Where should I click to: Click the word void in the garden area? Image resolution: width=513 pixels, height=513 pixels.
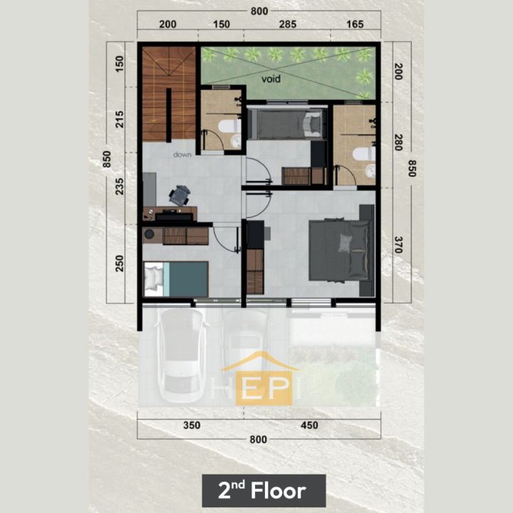click(x=271, y=79)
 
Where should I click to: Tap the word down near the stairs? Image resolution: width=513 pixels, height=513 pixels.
click(x=182, y=155)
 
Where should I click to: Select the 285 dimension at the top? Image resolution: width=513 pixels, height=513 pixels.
click(x=288, y=24)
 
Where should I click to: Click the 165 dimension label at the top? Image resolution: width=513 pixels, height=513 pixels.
click(x=355, y=24)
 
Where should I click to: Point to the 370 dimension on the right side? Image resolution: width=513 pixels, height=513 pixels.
click(x=398, y=244)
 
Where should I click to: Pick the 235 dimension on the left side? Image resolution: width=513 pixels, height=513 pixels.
click(x=120, y=187)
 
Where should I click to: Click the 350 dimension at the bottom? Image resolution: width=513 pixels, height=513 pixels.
click(x=192, y=425)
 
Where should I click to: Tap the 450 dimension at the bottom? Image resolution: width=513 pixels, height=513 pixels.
click(x=309, y=425)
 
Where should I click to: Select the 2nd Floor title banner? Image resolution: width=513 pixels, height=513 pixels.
click(x=264, y=490)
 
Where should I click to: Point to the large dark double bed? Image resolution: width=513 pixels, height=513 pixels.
click(x=340, y=250)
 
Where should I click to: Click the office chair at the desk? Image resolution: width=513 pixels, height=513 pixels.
click(x=180, y=195)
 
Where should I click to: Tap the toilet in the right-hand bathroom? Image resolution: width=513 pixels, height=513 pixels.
click(x=364, y=154)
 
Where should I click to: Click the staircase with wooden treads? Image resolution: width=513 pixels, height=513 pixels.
click(x=169, y=94)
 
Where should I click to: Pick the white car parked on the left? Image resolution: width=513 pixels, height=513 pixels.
click(x=182, y=356)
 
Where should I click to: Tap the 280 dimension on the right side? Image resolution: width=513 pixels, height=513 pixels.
click(x=398, y=142)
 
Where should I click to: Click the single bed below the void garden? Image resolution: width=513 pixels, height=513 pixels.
click(x=287, y=123)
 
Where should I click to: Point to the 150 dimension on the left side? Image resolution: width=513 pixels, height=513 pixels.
click(x=120, y=64)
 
